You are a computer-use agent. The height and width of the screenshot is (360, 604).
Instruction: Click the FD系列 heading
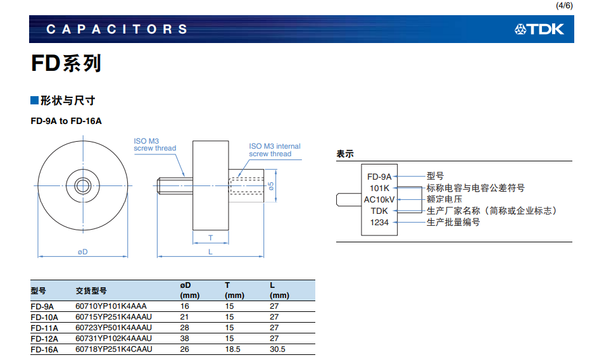pyautogui.click(x=66, y=63)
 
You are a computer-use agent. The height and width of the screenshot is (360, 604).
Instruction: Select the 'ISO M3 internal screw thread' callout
pyautogui.click(x=274, y=150)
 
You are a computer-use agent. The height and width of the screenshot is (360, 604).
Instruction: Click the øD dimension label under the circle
pyautogui.click(x=82, y=252)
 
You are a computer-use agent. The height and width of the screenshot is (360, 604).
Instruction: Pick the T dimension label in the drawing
pyautogui.click(x=210, y=238)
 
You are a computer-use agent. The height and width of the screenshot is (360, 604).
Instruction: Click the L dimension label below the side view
pyautogui.click(x=210, y=252)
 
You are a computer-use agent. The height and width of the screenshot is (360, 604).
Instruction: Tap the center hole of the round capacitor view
pyautogui.click(x=83, y=185)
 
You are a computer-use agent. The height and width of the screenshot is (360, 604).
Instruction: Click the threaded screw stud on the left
pyautogui.click(x=173, y=185)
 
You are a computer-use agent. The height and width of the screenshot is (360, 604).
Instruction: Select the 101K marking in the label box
pyautogui.click(x=379, y=188)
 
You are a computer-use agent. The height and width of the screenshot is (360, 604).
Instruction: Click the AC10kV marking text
pyautogui.click(x=379, y=199)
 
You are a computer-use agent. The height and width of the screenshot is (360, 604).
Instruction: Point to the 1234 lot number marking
pyautogui.click(x=379, y=222)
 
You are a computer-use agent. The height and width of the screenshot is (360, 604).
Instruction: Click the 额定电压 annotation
pyautogui.click(x=444, y=199)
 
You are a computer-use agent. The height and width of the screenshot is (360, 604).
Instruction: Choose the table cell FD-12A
pyautogui.click(x=44, y=338)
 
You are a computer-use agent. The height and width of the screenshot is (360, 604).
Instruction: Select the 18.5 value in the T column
pyautogui.click(x=232, y=349)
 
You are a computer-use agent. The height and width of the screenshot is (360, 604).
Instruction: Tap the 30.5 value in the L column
pyautogui.click(x=277, y=349)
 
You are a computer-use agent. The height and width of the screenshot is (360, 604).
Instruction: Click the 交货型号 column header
pyautogui.click(x=91, y=290)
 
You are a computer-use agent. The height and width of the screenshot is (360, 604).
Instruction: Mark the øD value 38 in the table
pyautogui.click(x=185, y=338)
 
